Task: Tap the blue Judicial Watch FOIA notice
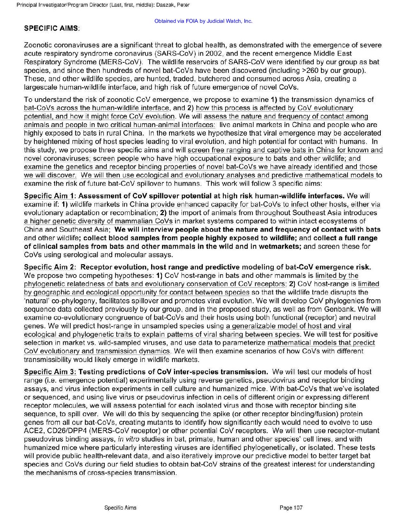point(203,21)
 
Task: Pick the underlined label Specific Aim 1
point(49,196)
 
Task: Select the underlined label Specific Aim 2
point(49,267)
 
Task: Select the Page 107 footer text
point(291,507)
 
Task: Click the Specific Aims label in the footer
point(120,507)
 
